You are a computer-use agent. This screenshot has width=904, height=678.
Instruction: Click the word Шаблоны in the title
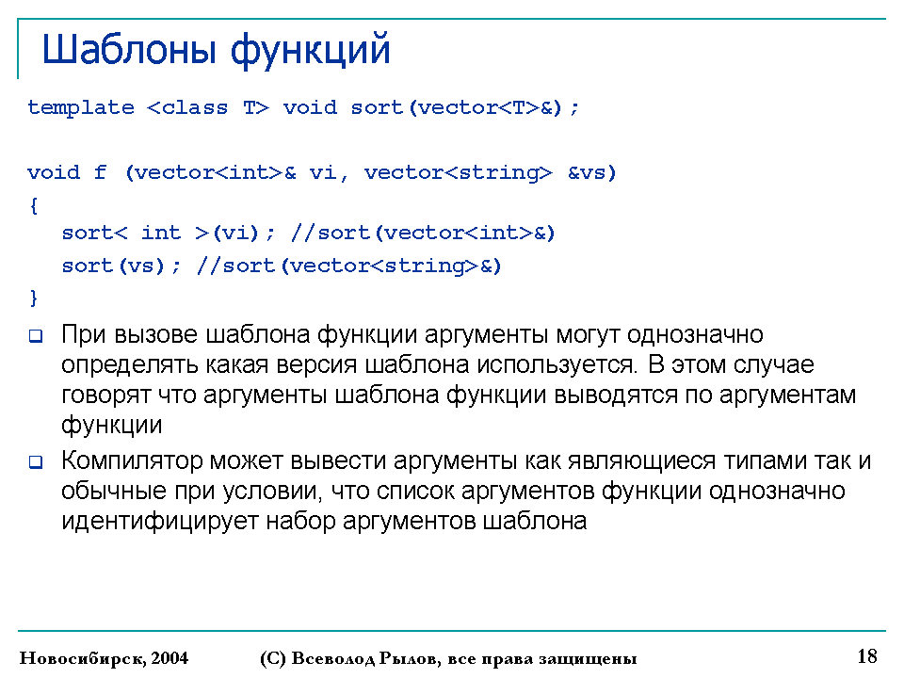point(129,50)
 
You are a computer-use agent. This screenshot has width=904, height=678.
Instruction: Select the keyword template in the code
point(81,107)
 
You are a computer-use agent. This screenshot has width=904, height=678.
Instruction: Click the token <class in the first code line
point(187,107)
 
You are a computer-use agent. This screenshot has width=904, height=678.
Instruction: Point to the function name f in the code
point(101,171)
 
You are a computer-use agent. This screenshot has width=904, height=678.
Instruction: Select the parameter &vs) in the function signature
point(592,172)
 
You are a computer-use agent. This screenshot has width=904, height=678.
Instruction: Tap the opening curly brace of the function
point(34,206)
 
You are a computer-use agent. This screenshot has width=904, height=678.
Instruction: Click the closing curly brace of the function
point(34,298)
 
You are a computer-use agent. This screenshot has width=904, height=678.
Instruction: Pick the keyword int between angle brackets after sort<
point(161,233)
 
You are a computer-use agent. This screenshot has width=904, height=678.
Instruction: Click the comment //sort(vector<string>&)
point(349,266)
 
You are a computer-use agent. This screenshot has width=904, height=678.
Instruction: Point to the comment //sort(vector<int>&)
point(423,233)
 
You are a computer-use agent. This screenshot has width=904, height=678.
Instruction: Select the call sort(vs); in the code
point(121,266)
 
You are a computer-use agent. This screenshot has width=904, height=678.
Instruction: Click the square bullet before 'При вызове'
point(36,335)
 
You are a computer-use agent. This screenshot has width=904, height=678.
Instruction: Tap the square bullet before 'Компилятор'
point(36,461)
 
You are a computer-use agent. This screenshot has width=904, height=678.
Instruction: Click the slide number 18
point(867,656)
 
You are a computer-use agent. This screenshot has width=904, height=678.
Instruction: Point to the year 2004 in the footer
point(170,658)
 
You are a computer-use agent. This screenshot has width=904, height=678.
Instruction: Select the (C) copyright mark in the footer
point(273,658)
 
